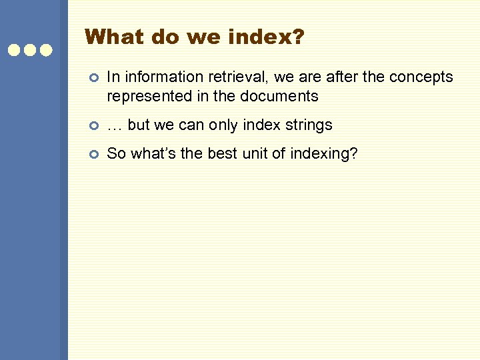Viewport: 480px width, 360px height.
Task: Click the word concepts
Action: click(421, 77)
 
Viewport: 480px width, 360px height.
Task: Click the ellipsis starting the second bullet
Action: click(115, 125)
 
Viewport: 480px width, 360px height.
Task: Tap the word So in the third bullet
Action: click(117, 154)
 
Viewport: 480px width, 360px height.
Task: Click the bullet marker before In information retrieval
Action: click(94, 79)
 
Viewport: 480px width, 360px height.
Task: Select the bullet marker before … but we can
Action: click(94, 126)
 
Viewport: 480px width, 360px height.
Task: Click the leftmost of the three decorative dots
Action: click(15, 50)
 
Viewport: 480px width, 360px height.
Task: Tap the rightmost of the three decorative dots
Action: click(45, 50)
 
